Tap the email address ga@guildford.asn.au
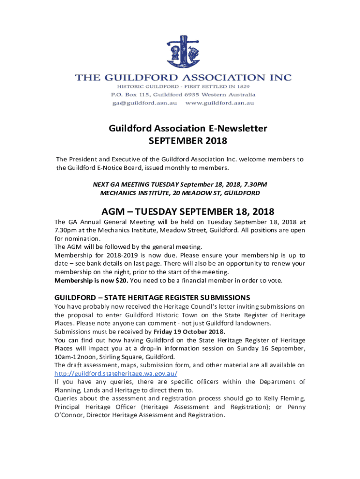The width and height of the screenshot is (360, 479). coord(144,103)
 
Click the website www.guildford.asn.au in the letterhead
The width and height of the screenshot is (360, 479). coord(220,103)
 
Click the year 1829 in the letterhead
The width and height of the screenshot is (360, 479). coord(241,87)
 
